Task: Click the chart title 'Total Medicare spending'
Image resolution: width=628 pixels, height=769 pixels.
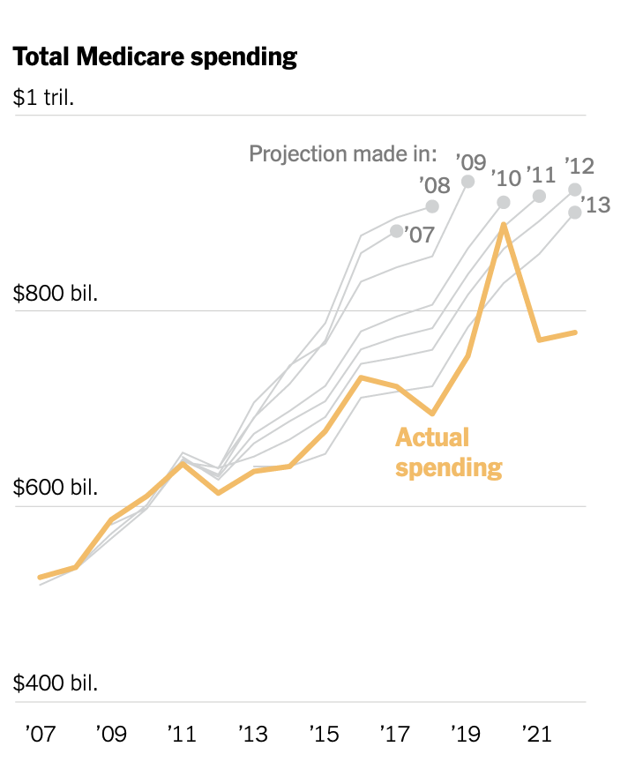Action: tap(155, 57)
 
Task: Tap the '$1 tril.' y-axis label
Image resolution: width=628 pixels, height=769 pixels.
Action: tap(43, 97)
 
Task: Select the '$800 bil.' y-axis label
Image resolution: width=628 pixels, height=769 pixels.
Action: tap(55, 293)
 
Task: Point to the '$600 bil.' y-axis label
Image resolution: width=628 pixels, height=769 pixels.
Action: tap(55, 488)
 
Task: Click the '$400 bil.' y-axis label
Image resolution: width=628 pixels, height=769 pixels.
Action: tap(55, 683)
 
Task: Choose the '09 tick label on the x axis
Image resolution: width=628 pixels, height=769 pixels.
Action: tap(110, 734)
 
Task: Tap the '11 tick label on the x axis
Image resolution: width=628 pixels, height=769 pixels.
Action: tap(181, 734)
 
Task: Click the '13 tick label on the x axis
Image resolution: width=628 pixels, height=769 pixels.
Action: tap(253, 734)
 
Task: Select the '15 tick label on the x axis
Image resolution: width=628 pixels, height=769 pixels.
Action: tap(325, 734)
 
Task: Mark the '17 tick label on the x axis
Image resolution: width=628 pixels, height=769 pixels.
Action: tap(396, 734)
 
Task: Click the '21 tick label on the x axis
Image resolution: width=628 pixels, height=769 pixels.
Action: tap(537, 734)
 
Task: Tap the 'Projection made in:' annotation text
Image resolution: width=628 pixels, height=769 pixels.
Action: tap(343, 153)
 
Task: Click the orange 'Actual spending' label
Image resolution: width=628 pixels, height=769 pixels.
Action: tap(448, 452)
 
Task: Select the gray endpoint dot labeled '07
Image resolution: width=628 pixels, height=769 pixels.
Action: tap(397, 231)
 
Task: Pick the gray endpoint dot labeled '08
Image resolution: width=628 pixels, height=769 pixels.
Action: tap(432, 206)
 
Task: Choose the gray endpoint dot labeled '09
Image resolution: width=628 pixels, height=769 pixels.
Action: tap(468, 182)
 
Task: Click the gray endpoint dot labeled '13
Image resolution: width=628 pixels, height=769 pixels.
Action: tap(574, 213)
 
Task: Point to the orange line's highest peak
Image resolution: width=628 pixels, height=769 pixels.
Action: tap(504, 225)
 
